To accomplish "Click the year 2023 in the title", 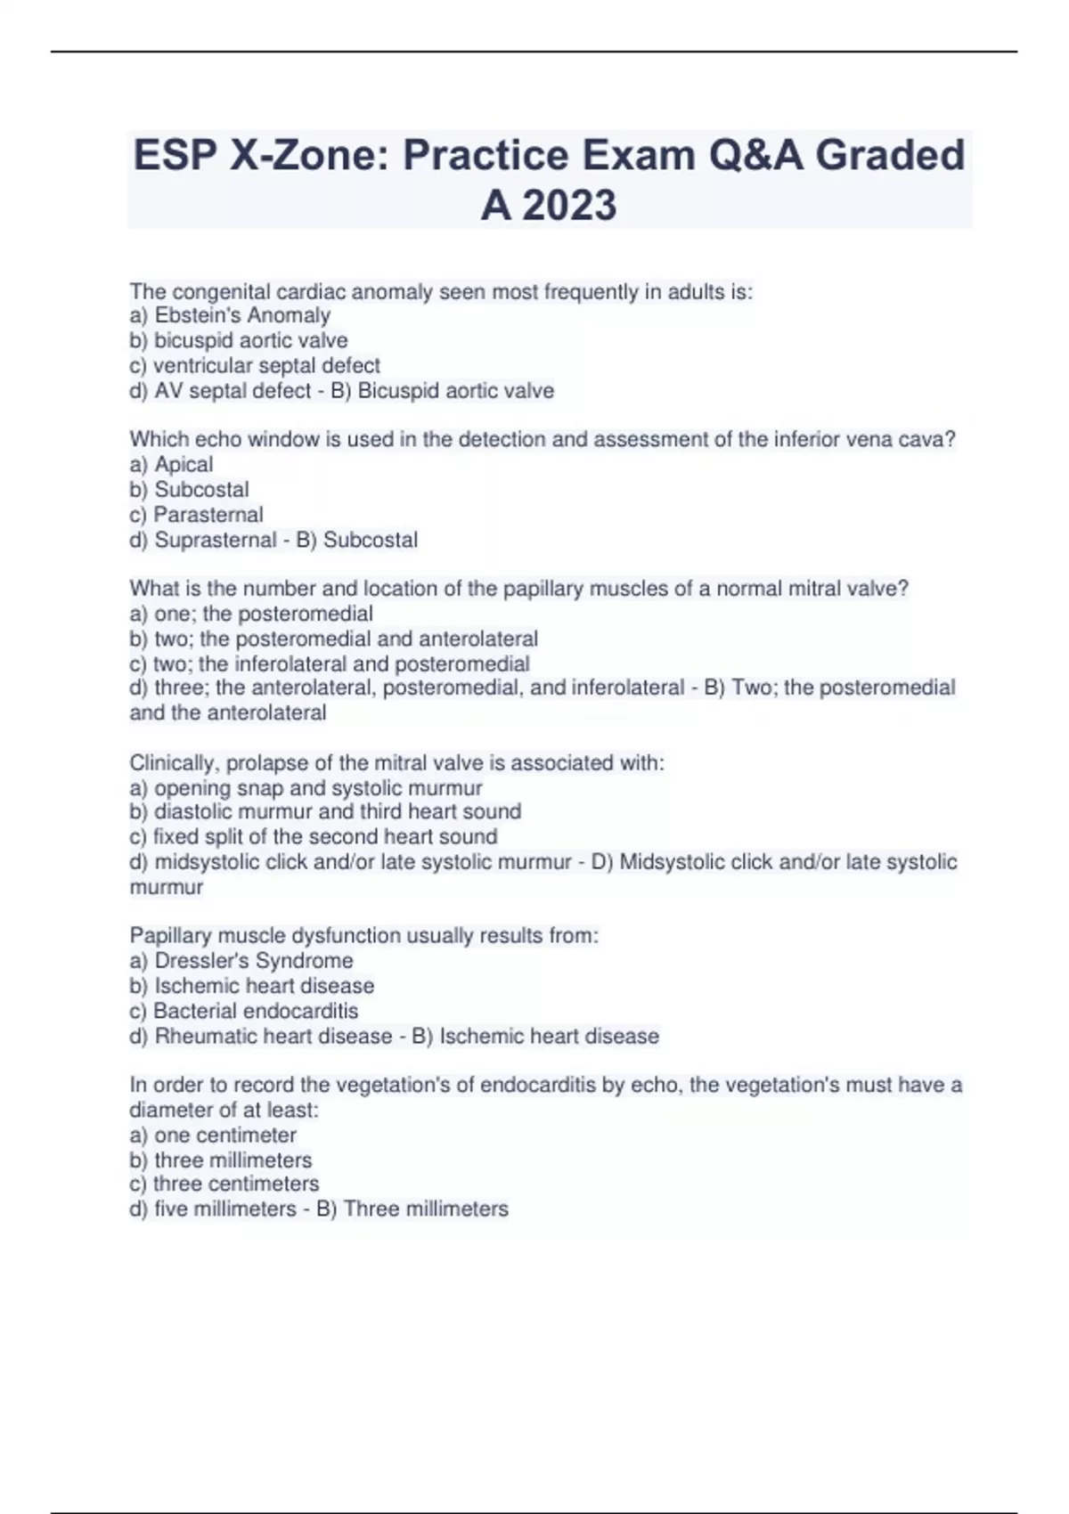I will pos(569,206).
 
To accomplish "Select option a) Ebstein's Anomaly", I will pos(230,315).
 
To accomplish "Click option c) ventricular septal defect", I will pos(255,365).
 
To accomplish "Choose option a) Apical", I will pos(171,464).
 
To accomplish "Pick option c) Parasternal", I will pos(196,515).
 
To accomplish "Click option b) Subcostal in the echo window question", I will pos(190,490).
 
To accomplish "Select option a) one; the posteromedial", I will pos(251,614).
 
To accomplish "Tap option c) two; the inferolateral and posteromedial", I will pos(330,663).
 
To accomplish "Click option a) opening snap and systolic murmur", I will pos(306,788).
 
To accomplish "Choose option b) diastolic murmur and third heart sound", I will pos(325,811).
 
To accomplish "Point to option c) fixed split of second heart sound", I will pos(314,836).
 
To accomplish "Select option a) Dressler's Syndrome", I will pos(241,960).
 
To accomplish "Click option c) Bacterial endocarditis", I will pos(244,1011).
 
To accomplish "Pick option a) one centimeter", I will pos(213,1135).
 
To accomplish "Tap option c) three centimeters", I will pos(224,1184).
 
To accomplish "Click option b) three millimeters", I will pos(221,1160).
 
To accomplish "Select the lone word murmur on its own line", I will pos(167,887).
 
